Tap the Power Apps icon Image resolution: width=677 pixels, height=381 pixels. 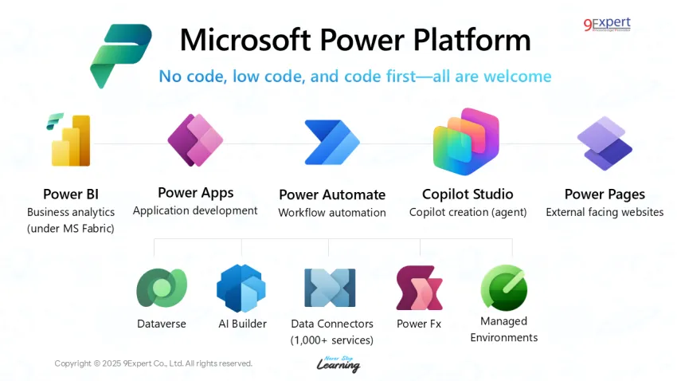click(x=195, y=140)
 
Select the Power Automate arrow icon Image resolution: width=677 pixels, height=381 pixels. click(x=331, y=142)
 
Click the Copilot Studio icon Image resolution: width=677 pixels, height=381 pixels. click(x=466, y=141)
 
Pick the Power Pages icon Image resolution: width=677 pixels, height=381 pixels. click(x=604, y=143)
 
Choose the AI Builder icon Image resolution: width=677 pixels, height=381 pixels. click(x=241, y=288)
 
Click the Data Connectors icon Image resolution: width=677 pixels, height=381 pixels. click(x=330, y=288)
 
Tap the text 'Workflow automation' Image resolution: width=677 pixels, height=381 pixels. click(x=331, y=213)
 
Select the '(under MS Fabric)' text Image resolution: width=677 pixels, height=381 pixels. click(x=71, y=230)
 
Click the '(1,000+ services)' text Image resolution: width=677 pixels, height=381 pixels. click(x=331, y=340)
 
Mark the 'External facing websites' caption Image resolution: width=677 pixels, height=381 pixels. click(x=605, y=212)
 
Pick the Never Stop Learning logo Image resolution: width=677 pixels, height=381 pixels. click(x=338, y=364)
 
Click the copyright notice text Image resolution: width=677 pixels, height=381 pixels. click(x=153, y=363)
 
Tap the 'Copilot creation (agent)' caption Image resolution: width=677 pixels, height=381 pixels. click(x=468, y=212)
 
